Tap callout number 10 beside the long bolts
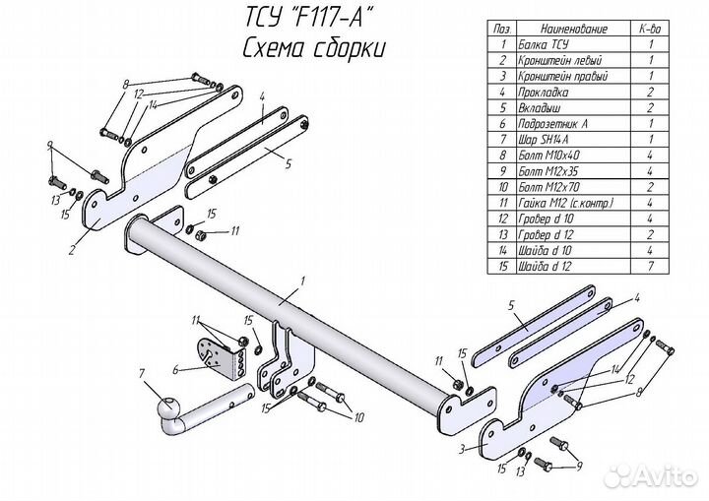[358, 416]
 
